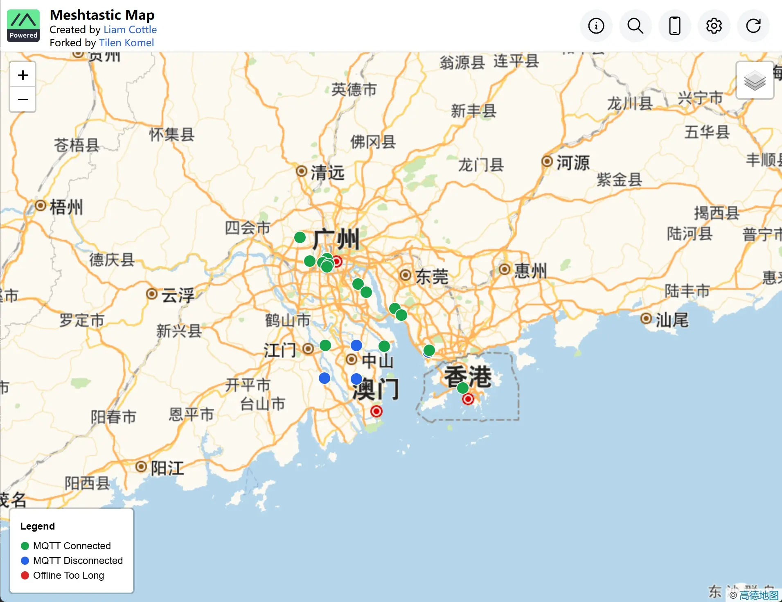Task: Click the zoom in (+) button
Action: [23, 75]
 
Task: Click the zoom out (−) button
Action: [23, 99]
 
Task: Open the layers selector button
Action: [755, 80]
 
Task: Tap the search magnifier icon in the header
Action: [635, 26]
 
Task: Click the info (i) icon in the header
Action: [596, 26]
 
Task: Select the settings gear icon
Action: [714, 26]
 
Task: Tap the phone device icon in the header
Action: [674, 26]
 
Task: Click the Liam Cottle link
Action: [130, 29]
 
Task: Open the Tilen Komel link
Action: [126, 43]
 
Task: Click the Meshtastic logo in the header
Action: [23, 25]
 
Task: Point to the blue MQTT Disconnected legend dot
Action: [25, 560]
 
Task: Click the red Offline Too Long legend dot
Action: [25, 575]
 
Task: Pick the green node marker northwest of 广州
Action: [300, 237]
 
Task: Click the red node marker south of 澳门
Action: [376, 411]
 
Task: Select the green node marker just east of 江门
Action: [325, 345]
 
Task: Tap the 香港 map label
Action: [468, 377]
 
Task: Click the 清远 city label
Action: [327, 172]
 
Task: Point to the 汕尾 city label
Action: [672, 320]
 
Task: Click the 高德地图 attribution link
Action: [759, 595]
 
